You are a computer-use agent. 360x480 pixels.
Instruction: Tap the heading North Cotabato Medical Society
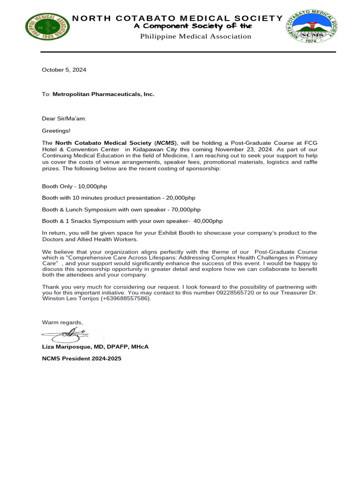[x=177, y=18]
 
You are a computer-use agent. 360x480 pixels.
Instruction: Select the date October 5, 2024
[x=64, y=70]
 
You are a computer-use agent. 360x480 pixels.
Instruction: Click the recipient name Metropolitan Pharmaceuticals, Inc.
[x=103, y=94]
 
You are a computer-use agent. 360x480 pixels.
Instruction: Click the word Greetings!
[x=56, y=131]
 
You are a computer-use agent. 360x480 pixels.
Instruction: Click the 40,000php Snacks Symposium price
[x=207, y=221]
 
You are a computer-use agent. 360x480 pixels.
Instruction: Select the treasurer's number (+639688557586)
[x=126, y=299]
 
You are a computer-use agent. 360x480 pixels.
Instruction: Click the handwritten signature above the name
[x=66, y=334]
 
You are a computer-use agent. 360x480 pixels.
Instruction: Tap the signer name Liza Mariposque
[x=70, y=346]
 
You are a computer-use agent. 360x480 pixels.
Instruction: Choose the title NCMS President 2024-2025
[x=82, y=359]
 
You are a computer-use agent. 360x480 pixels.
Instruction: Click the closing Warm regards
[x=62, y=322]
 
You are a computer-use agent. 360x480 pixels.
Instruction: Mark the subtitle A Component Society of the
[x=193, y=26]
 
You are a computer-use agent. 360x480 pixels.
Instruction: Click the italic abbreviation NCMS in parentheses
[x=165, y=143]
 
